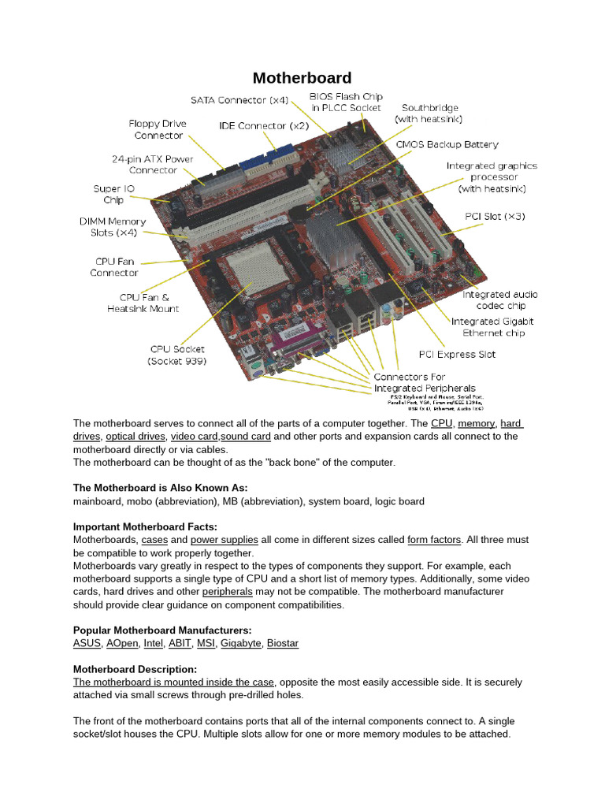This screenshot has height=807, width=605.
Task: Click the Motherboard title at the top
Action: coord(302,78)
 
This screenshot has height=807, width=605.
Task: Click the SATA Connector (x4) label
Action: coord(239,100)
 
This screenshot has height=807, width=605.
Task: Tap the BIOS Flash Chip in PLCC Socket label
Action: coord(345,102)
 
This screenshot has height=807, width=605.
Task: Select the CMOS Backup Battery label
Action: coord(447,145)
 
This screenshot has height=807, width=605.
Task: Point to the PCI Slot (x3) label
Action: coord(495,216)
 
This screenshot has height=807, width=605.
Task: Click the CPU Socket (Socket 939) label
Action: coord(176,355)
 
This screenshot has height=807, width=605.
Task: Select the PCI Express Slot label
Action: coord(456,354)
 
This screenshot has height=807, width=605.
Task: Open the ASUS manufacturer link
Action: coord(87,643)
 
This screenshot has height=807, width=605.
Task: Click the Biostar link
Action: coord(283,643)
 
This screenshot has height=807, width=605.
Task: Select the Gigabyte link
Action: coord(241,643)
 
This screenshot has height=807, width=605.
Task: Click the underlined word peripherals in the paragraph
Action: coord(227,591)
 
